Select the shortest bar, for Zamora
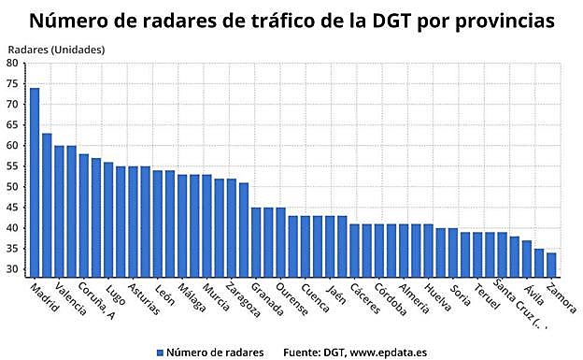click(x=551, y=265)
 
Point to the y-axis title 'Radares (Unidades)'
click(x=56, y=49)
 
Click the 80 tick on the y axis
click(x=12, y=63)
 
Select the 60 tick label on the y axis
click(x=12, y=146)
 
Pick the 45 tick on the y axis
click(x=12, y=208)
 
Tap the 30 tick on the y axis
click(x=12, y=270)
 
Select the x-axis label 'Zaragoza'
click(x=243, y=302)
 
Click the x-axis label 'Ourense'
click(x=293, y=300)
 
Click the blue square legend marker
click(x=160, y=352)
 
